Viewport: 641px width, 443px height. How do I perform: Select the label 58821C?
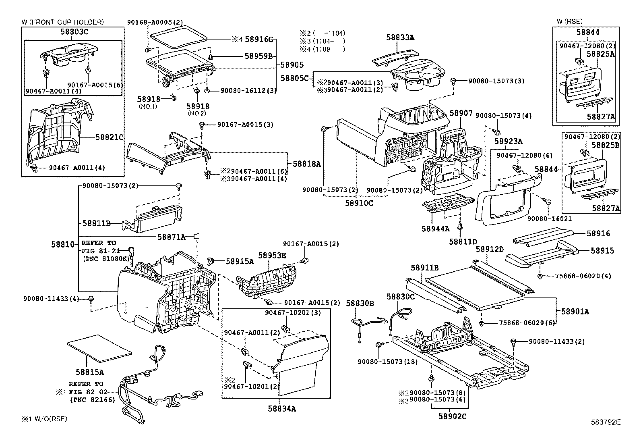110,137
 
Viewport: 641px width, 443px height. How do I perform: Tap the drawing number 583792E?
606,422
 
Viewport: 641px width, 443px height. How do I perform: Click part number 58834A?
282,409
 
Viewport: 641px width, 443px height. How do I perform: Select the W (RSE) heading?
569,21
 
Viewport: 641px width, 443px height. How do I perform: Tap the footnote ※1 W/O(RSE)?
44,419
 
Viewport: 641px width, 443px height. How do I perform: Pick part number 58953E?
272,255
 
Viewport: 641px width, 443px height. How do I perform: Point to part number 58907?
461,113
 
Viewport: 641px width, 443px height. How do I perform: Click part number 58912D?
490,250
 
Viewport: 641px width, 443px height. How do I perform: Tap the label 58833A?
400,37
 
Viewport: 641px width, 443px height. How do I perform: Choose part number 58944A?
436,229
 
